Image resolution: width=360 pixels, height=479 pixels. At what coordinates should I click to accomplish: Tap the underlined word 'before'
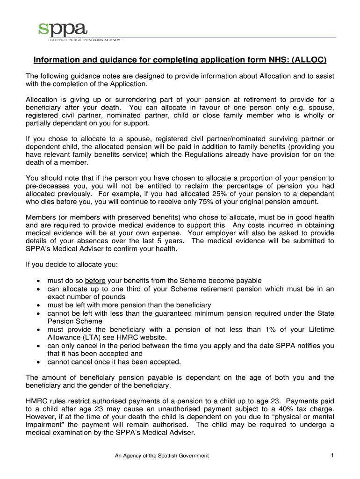pyautogui.click(x=95, y=281)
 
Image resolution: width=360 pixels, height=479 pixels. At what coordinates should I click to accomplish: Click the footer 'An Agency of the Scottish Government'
pyautogui.click(x=162, y=456)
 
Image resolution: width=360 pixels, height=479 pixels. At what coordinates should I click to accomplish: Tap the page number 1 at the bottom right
pyautogui.click(x=331, y=455)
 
